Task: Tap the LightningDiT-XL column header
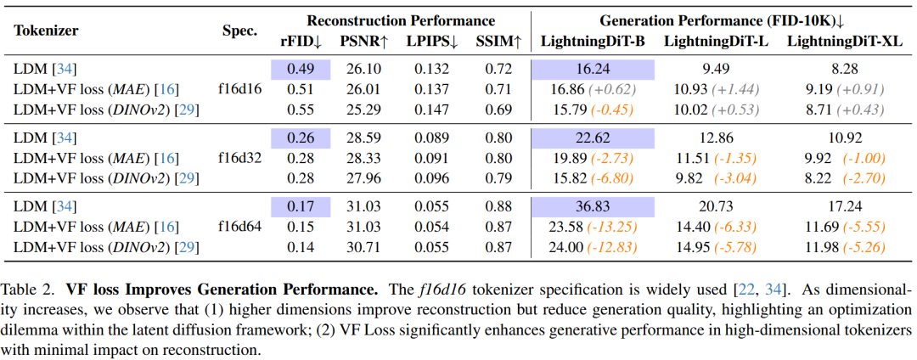click(x=845, y=42)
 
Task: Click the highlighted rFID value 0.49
click(x=300, y=70)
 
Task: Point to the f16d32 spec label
click(x=239, y=159)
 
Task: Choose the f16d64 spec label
click(x=239, y=228)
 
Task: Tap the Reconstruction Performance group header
click(x=401, y=21)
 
